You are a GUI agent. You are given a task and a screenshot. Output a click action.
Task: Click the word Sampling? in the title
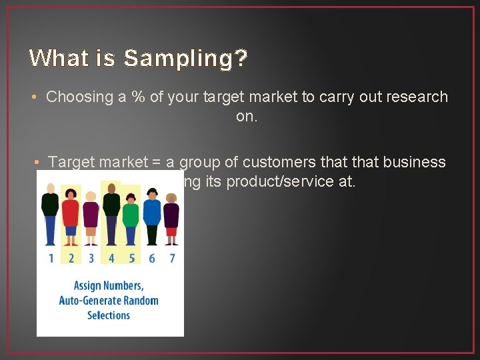pos(186,59)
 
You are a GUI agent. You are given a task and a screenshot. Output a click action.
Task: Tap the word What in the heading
pos(54,58)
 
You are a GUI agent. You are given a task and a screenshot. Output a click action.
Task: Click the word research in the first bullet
pos(417,97)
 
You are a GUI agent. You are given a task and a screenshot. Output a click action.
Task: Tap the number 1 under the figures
pos(51,258)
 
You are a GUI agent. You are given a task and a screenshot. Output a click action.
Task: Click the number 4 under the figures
pos(111,258)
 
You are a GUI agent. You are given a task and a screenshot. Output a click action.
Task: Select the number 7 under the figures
pos(172,258)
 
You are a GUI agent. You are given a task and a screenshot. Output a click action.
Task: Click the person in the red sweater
pos(71,213)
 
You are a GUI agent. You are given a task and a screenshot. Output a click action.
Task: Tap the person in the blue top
pos(152,212)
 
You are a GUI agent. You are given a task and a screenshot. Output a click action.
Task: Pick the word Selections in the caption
pos(109,315)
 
